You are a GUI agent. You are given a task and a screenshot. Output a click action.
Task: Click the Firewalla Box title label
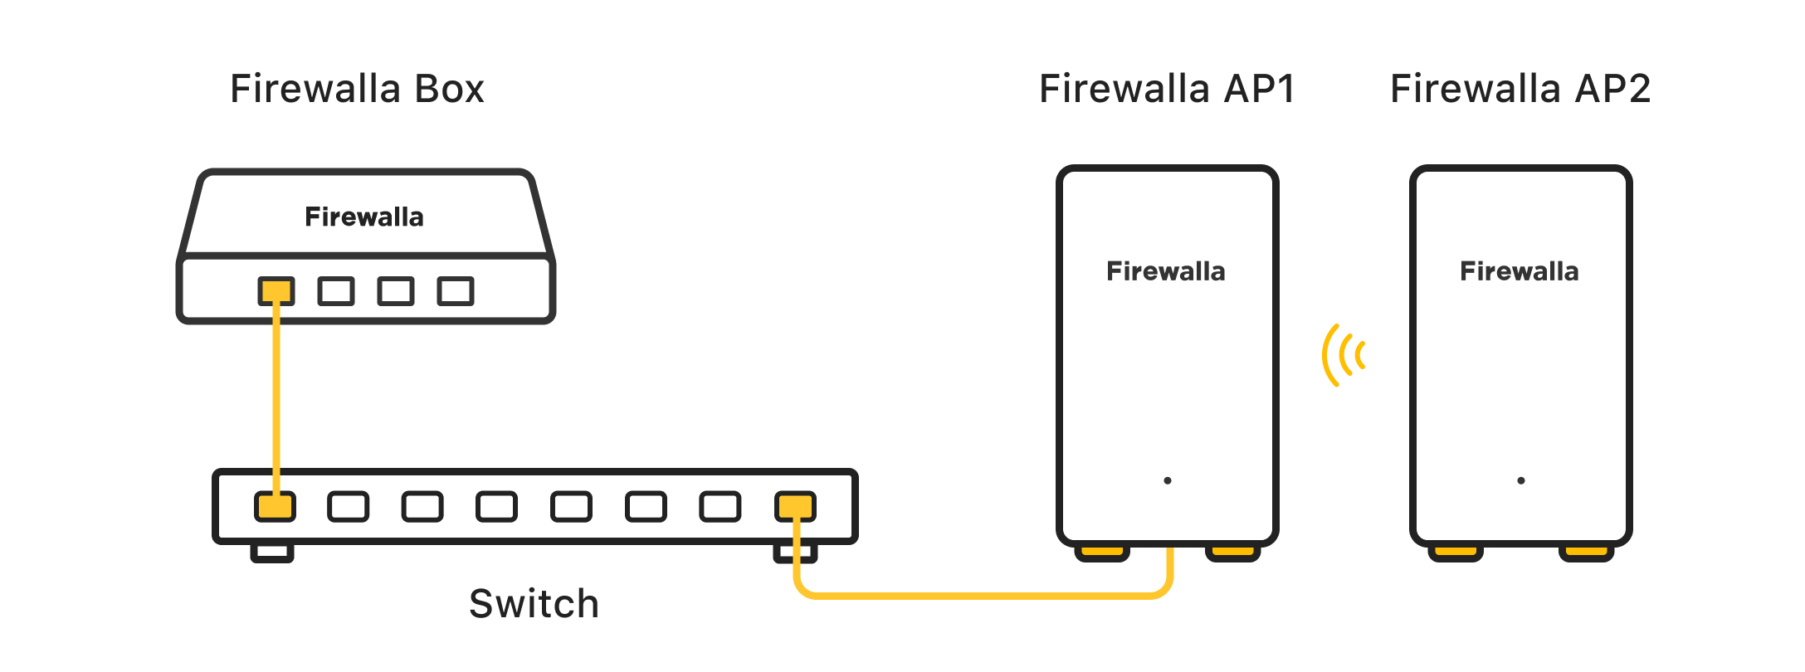pyautogui.click(x=357, y=89)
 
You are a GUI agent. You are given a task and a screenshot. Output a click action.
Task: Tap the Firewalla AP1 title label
pyautogui.click(x=1167, y=89)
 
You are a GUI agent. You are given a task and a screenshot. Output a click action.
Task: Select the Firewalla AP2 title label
pyautogui.click(x=1520, y=89)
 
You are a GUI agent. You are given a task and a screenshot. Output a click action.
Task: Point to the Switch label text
pyautogui.click(x=534, y=604)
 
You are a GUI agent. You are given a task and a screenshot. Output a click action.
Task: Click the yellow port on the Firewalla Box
pyautogui.click(x=276, y=291)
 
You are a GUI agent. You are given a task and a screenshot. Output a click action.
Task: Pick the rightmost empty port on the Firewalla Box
pyautogui.click(x=456, y=291)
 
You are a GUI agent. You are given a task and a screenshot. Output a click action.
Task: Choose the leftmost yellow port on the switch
pyautogui.click(x=275, y=507)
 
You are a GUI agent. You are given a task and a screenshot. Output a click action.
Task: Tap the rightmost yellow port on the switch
pyautogui.click(x=795, y=507)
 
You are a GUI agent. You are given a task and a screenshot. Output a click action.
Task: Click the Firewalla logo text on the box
pyautogui.click(x=364, y=217)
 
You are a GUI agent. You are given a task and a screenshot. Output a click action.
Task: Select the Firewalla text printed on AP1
pyautogui.click(x=1166, y=271)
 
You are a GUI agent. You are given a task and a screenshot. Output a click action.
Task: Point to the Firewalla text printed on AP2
pyautogui.click(x=1520, y=271)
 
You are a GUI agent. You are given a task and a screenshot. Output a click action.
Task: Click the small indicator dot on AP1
pyautogui.click(x=1168, y=480)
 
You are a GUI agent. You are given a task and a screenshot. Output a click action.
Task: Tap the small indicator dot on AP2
pyautogui.click(x=1521, y=480)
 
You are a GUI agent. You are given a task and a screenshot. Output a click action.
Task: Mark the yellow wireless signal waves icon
pyautogui.click(x=1344, y=355)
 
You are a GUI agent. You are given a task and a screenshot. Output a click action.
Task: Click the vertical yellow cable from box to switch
pyautogui.click(x=276, y=398)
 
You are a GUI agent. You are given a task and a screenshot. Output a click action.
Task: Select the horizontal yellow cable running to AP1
pyautogui.click(x=979, y=595)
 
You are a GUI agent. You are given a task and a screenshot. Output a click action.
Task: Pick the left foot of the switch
pyautogui.click(x=272, y=553)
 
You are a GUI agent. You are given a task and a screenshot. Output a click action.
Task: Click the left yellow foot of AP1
pyautogui.click(x=1102, y=552)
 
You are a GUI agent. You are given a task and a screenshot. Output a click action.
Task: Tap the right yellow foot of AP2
pyautogui.click(x=1586, y=552)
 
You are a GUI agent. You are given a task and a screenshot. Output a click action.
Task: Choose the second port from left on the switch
pyautogui.click(x=349, y=507)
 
